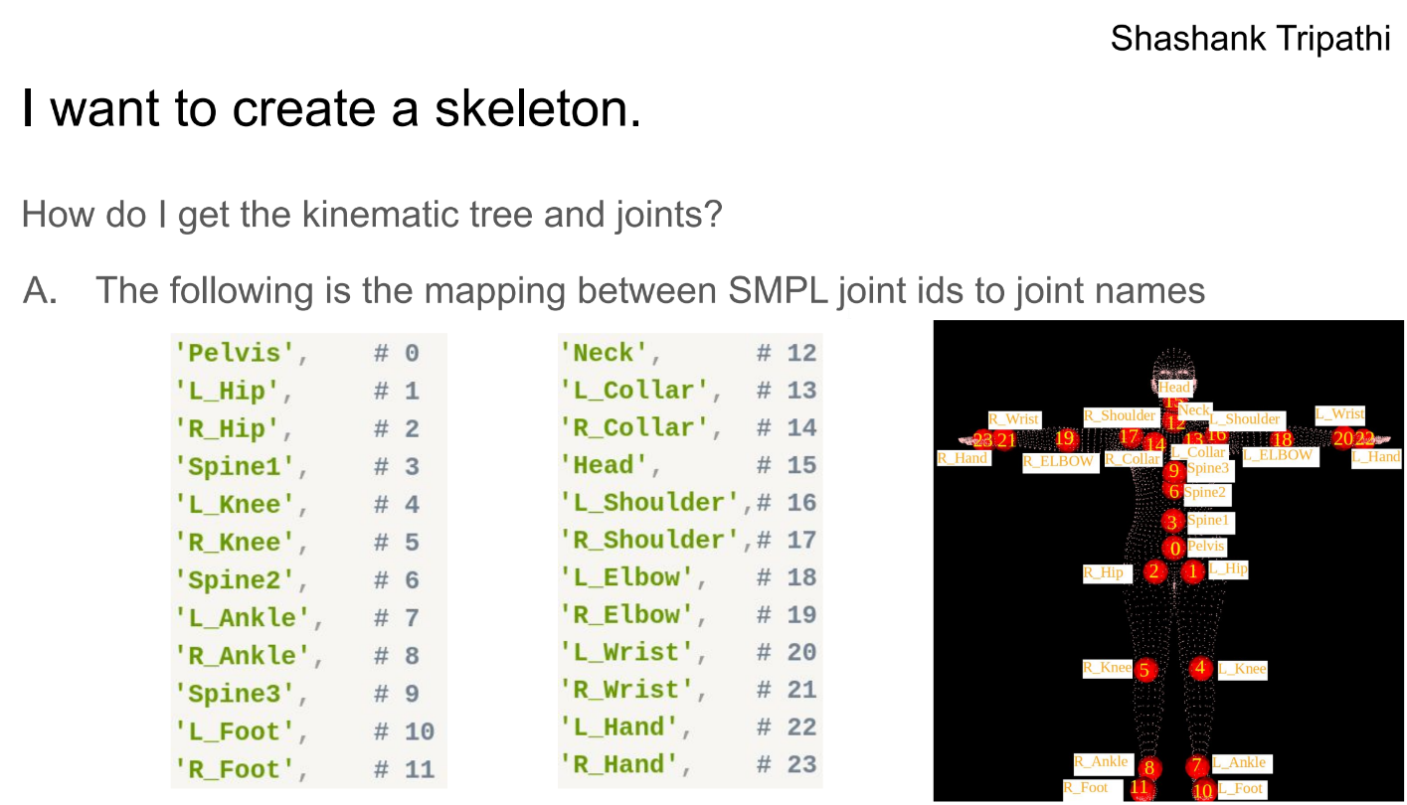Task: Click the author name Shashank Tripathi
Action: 1250,39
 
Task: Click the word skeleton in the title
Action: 537,110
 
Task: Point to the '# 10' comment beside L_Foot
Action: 405,731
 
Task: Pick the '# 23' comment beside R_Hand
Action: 787,764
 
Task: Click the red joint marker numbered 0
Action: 1174,549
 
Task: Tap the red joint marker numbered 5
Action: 1144,671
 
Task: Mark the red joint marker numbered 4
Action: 1200,668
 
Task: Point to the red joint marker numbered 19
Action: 1065,438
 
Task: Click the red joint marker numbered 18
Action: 1283,439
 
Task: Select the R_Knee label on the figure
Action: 1107,668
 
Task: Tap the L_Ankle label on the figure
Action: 1240,762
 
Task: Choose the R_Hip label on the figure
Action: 1104,572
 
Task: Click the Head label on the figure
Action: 1173,389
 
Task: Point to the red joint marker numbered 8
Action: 1149,768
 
